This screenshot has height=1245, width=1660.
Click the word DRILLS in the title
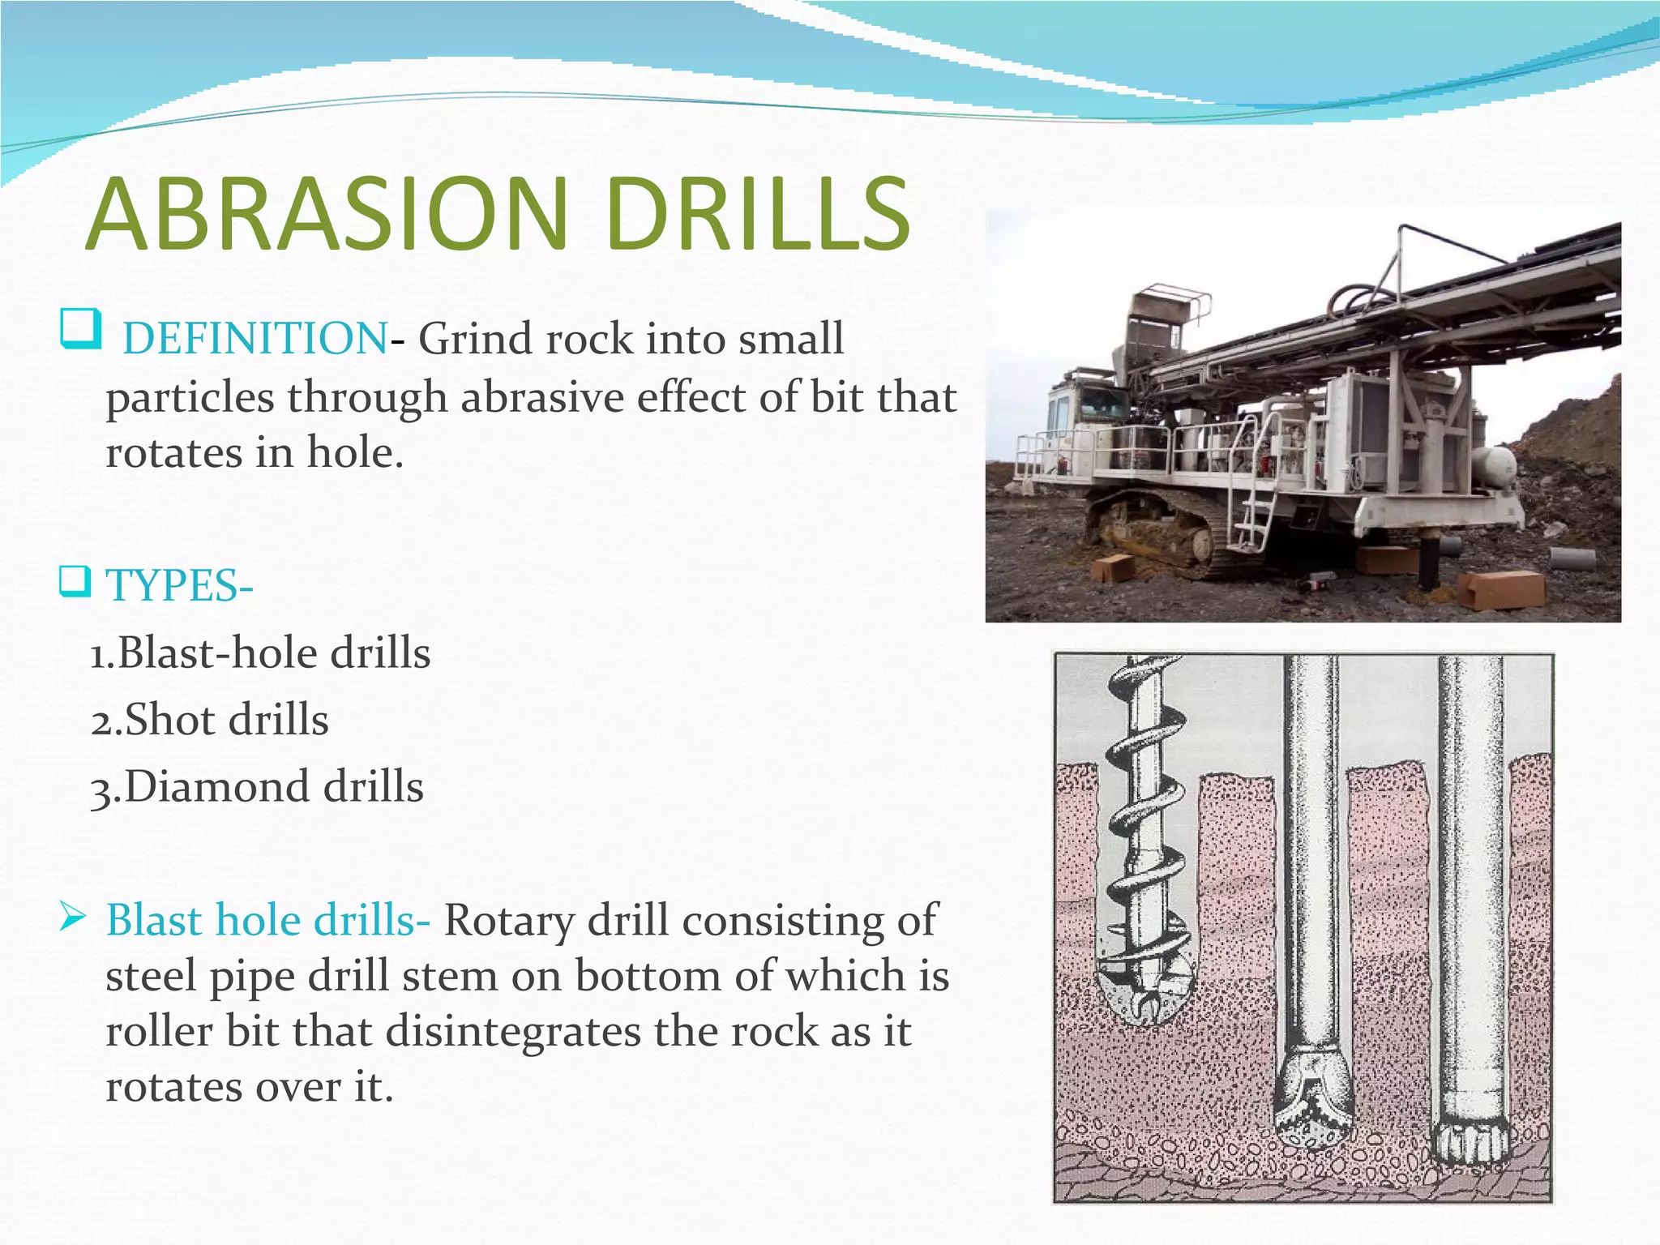(x=757, y=215)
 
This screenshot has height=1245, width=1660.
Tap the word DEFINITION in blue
(x=255, y=339)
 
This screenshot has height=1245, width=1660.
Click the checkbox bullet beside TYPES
(x=75, y=581)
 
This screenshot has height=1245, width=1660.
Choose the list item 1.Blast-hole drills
(x=259, y=653)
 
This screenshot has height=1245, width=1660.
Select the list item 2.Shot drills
(x=209, y=720)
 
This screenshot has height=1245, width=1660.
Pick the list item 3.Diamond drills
(x=256, y=787)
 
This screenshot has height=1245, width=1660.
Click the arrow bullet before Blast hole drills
(x=73, y=918)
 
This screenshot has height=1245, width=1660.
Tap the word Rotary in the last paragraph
(x=509, y=921)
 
